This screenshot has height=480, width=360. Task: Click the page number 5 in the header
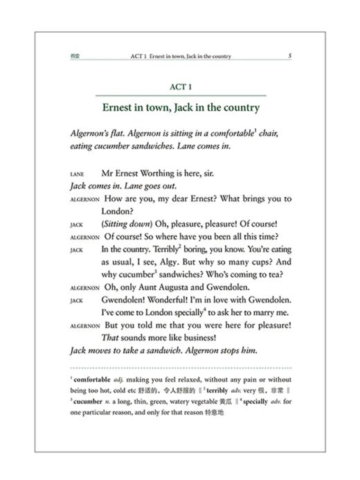(290, 55)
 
